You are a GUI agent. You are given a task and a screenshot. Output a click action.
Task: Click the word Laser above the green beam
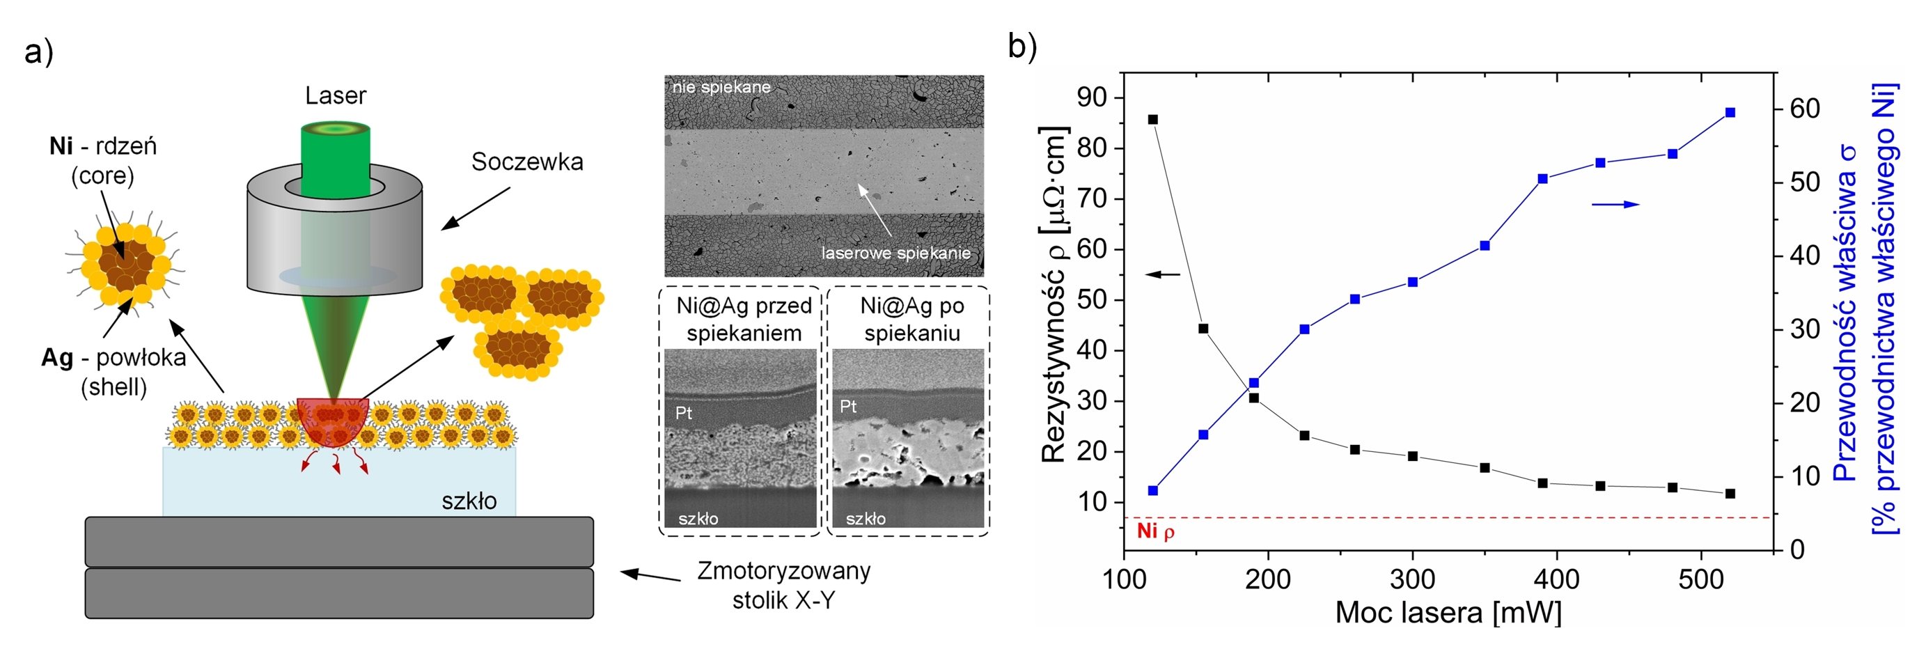coord(336,96)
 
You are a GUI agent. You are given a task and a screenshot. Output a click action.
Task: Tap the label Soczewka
coord(527,162)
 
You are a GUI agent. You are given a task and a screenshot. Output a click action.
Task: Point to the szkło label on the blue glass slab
coord(469,501)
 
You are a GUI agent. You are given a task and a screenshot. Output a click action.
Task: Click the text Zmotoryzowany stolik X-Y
coord(783,585)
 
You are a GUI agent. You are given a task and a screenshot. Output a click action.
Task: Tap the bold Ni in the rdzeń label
coord(61,146)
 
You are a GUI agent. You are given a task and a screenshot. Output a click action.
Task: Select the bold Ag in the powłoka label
coord(57,357)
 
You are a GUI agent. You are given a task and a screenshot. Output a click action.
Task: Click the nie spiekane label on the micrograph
coord(721,87)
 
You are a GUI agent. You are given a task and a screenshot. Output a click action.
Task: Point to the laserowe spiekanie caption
coord(895,253)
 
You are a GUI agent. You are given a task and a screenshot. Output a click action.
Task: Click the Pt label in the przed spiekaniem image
coord(683,413)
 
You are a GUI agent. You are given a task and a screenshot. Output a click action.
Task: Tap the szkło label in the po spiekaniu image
coord(866,518)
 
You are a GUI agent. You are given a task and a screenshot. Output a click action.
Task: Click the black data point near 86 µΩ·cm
coord(1153,120)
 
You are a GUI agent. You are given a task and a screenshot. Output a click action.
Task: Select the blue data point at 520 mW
coord(1730,112)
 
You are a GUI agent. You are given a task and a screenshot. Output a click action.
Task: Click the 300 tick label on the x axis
coord(1412,580)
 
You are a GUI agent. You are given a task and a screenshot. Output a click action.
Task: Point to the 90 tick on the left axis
coord(1091,97)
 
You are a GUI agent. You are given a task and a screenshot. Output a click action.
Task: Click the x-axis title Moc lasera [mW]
coord(1448,613)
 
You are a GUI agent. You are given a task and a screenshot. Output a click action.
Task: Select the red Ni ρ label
coord(1155,531)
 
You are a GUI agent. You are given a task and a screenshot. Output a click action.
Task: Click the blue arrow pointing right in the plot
coord(1615,204)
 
